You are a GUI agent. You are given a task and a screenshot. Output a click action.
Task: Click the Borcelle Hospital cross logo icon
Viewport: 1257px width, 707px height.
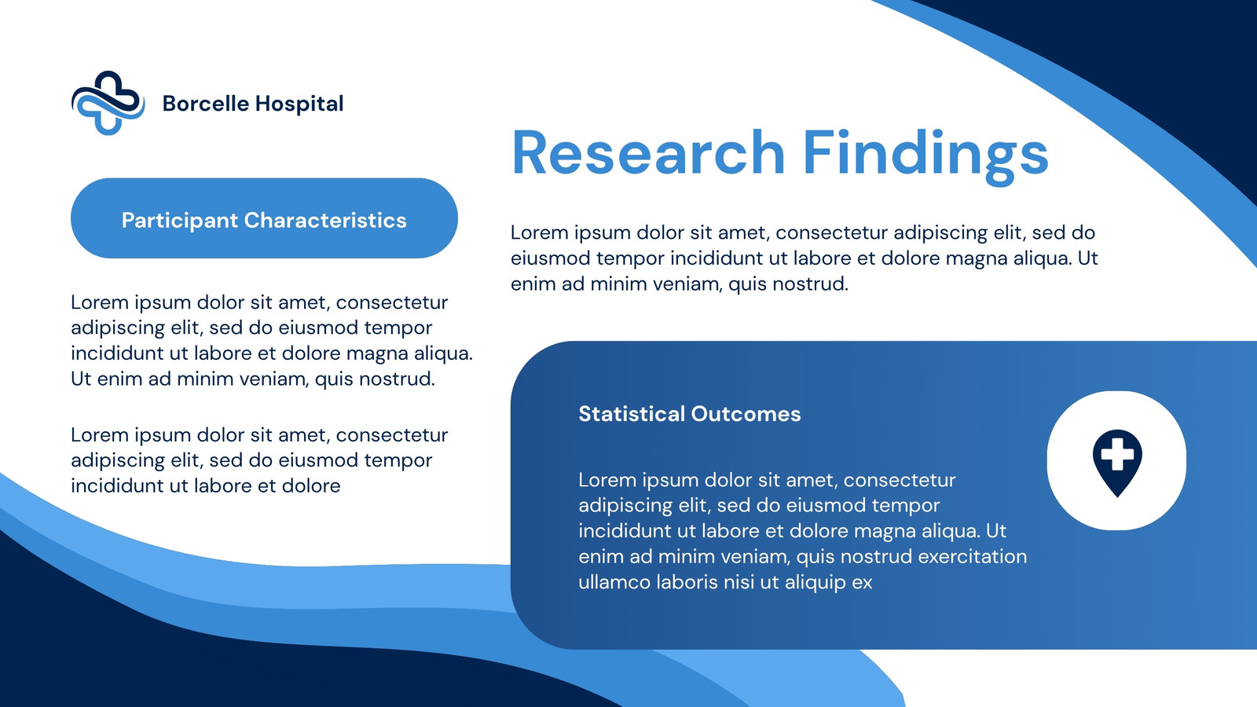click(108, 103)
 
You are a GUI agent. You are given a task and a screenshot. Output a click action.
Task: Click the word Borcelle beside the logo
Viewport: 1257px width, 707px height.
click(205, 103)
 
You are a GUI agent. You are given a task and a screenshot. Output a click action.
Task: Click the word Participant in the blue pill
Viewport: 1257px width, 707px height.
click(180, 221)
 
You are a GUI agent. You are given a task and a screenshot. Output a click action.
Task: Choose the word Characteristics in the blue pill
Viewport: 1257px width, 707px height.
click(325, 220)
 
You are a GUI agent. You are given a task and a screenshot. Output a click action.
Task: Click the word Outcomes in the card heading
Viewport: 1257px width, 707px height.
click(746, 413)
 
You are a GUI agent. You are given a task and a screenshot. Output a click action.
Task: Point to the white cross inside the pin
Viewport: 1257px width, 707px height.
click(1117, 454)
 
